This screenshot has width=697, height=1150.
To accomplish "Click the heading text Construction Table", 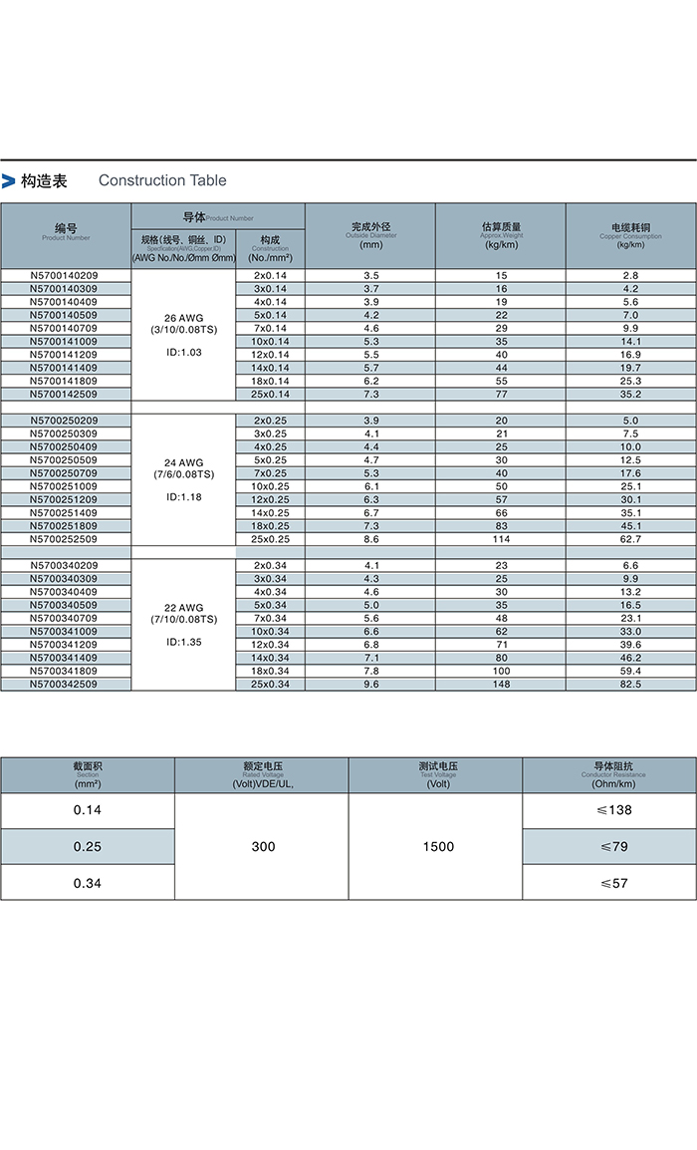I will (162, 180).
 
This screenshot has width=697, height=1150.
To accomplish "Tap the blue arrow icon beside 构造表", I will (9, 181).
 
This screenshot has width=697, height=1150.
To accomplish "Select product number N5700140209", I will (65, 275).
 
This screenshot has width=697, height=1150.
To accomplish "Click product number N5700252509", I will (65, 539).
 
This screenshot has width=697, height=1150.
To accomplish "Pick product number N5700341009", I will (65, 632).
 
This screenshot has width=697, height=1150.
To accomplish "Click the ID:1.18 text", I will (184, 496).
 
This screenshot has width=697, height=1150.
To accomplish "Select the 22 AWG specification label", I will (184, 607).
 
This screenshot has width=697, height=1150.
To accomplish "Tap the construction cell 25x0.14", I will (270, 394).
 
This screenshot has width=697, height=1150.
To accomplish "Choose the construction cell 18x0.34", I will (270, 671).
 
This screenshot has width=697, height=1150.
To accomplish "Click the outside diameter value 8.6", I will (371, 539).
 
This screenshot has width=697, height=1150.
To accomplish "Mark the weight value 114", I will (501, 539).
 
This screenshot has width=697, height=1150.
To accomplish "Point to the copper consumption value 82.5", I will (631, 685).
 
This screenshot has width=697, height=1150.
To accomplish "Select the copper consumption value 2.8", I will (631, 275).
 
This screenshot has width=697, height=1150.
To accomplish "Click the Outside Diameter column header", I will (370, 235).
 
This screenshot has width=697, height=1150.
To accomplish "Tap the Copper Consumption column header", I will (631, 235).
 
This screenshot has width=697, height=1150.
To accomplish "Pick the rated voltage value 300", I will (263, 847).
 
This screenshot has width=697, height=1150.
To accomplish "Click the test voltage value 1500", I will (437, 847).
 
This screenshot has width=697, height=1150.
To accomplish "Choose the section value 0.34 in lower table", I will (88, 883).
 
